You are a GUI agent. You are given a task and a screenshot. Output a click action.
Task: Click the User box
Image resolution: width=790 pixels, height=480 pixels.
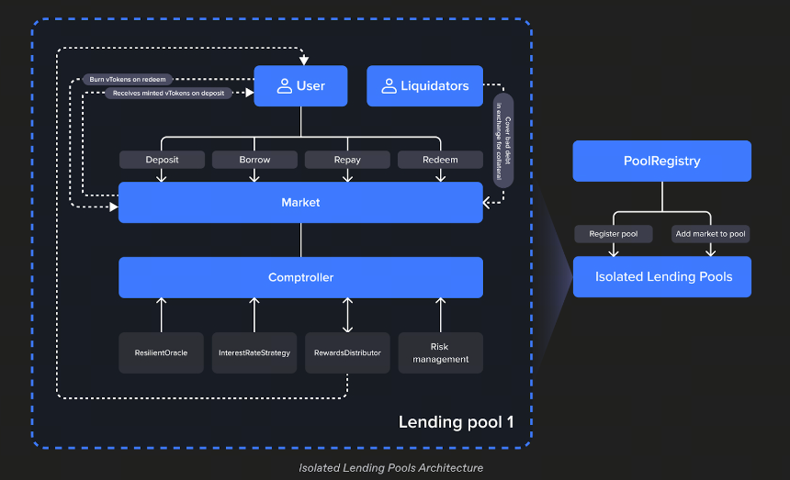pos(300,85)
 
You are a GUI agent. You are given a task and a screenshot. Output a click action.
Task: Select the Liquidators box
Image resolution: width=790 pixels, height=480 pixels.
pos(424,85)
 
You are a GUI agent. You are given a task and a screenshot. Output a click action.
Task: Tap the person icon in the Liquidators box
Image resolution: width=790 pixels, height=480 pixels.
pos(389,86)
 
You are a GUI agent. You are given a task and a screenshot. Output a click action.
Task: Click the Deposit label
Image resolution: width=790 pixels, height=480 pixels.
pos(162,160)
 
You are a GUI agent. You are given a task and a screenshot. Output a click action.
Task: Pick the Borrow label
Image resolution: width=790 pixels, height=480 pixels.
pos(254,160)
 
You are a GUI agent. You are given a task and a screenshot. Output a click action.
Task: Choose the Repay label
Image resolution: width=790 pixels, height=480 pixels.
pos(347,160)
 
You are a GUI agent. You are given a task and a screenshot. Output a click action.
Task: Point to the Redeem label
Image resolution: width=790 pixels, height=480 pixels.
pos(440,160)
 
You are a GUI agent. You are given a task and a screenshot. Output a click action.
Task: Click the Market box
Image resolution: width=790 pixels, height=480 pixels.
pos(300,202)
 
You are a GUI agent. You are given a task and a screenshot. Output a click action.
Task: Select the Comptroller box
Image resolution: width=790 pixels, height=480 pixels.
pos(300,277)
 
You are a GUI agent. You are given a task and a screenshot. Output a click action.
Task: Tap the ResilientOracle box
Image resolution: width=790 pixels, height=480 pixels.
pos(162,352)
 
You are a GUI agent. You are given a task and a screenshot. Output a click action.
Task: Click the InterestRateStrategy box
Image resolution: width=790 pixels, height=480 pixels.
pos(254,352)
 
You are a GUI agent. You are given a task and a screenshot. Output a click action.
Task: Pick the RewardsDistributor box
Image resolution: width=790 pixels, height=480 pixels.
pos(347,352)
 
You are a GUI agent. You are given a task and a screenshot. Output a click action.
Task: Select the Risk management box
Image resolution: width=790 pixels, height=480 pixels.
pos(440,352)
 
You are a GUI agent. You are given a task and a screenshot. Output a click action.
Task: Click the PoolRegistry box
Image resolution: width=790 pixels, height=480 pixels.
pos(662,161)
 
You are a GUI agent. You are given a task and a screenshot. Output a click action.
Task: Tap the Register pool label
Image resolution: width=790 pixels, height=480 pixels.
pos(614,234)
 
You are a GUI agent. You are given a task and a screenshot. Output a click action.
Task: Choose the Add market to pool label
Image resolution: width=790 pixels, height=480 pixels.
pos(710,234)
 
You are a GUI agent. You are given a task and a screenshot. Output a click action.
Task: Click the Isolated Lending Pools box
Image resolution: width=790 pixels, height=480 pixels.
pos(662,277)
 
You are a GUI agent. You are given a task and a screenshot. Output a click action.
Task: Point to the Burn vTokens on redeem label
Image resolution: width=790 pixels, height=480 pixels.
pos(128,80)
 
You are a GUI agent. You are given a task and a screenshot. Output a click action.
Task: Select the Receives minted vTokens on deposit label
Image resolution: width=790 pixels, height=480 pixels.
pos(168,93)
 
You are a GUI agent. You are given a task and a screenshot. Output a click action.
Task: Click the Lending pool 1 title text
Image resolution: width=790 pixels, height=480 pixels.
pos(456,422)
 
